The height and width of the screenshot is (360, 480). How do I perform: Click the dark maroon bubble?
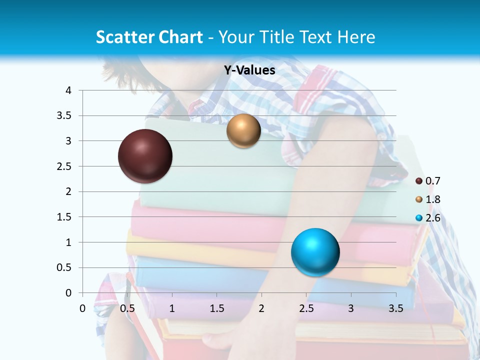[145, 156]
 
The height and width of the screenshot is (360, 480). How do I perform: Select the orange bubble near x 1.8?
[243, 131]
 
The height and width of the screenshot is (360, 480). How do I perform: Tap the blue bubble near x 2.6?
[315, 252]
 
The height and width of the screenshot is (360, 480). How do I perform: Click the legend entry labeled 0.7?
[432, 181]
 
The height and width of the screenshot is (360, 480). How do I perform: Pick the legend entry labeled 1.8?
[432, 199]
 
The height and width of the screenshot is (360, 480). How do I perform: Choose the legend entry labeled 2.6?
[432, 218]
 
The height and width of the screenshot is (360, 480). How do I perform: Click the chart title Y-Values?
[249, 70]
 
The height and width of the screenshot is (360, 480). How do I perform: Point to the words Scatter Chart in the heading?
[149, 37]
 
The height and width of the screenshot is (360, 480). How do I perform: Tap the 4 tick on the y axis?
[68, 90]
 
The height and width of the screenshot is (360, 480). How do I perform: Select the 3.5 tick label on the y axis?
[65, 115]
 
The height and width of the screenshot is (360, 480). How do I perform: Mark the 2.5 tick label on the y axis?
[65, 166]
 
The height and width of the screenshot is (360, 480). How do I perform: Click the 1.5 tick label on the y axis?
[65, 217]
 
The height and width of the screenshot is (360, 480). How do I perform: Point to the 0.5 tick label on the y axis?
[65, 268]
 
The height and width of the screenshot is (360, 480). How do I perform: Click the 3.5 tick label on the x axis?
[395, 308]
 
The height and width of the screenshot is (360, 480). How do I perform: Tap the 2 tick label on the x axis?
[261, 308]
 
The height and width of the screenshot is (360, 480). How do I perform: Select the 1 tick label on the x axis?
[172, 308]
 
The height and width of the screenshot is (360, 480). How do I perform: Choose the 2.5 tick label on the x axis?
[306, 308]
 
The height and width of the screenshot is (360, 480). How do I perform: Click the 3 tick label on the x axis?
[351, 308]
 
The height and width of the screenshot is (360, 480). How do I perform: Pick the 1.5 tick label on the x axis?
[216, 308]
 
